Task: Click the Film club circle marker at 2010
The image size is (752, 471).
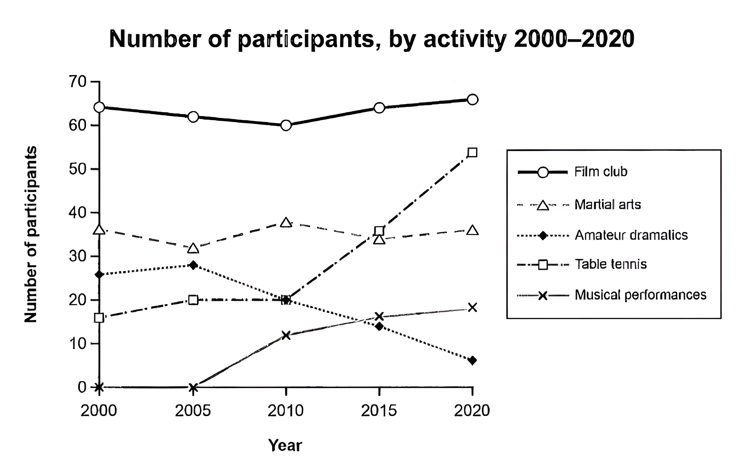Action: (286, 126)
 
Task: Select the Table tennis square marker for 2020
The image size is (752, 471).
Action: (472, 153)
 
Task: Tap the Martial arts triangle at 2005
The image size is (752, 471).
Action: (193, 248)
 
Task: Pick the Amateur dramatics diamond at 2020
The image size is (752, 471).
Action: (472, 360)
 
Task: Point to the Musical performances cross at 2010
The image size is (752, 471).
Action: (286, 335)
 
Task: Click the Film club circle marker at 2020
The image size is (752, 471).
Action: (472, 100)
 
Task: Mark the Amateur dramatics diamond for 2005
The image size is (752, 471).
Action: (193, 265)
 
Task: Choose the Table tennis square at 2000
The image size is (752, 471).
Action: (99, 318)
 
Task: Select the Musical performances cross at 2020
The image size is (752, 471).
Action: (472, 307)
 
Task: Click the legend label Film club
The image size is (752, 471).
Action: (601, 172)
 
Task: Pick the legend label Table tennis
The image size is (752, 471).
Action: (611, 264)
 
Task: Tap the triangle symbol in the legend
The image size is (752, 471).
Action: (543, 205)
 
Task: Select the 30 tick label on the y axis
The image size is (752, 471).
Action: (78, 256)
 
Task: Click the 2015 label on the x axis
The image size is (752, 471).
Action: (379, 411)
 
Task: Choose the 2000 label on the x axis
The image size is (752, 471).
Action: (99, 411)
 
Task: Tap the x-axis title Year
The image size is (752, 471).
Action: (285, 445)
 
